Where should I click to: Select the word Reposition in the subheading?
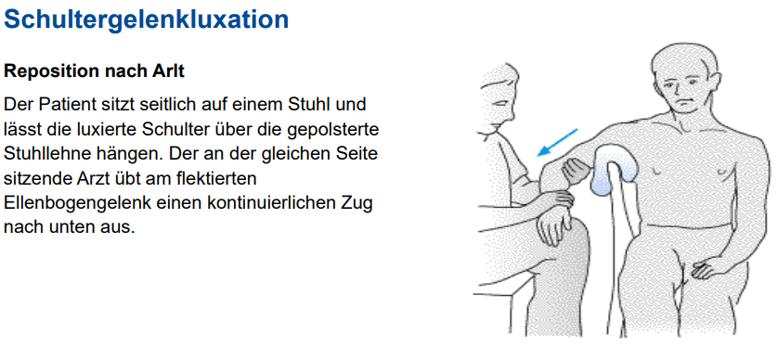[48, 71]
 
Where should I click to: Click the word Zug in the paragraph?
[358, 200]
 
